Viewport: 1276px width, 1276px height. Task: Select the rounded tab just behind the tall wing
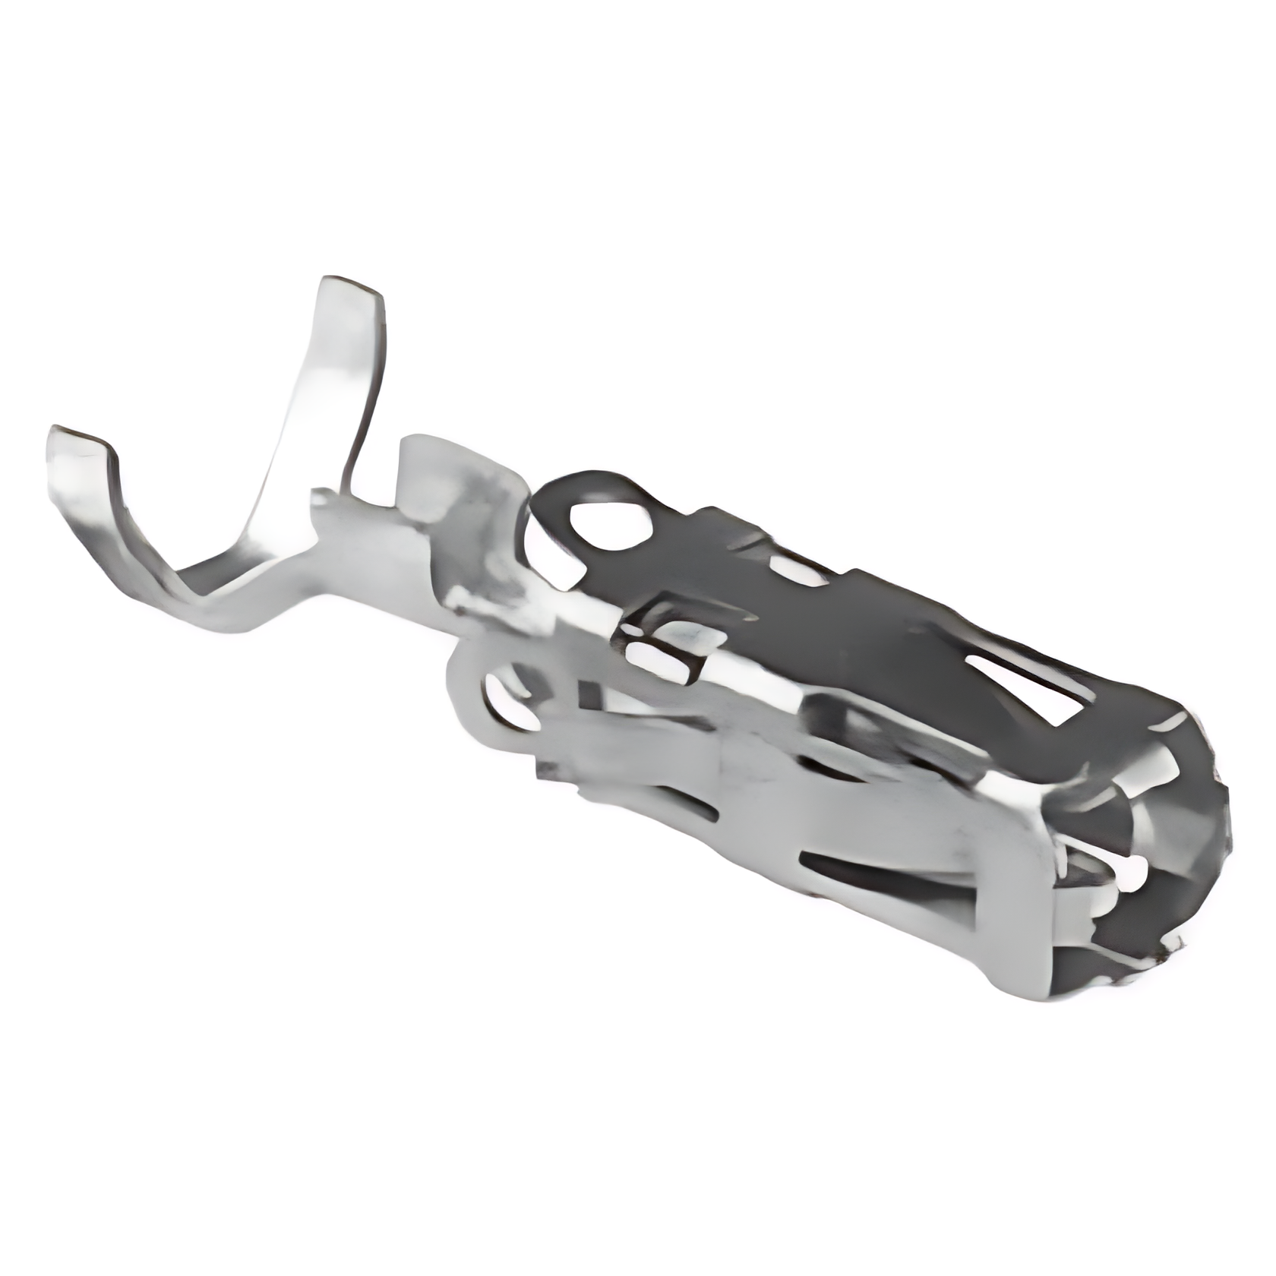pyautogui.click(x=425, y=463)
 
